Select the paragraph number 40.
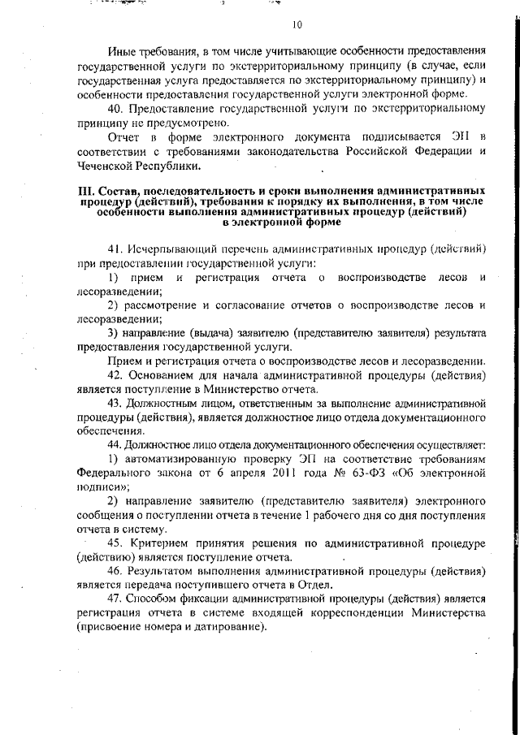[115, 108]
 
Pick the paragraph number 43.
[115, 403]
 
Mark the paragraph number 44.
[115, 446]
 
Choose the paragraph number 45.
[115, 544]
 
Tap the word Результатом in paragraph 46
[167, 573]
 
